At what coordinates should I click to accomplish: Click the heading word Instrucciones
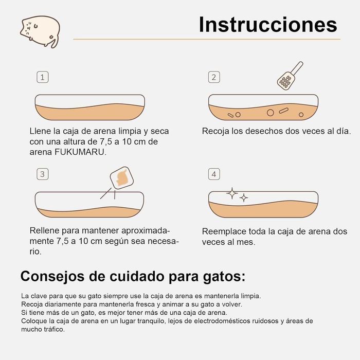(268, 24)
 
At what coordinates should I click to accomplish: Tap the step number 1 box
(43, 77)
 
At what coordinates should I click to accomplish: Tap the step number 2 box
(214, 77)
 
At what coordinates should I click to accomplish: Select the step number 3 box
(43, 174)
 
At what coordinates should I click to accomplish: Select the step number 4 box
(214, 174)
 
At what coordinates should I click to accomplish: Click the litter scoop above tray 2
(289, 76)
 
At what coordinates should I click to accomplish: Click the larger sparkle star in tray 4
(232, 193)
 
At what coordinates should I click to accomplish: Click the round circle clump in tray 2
(270, 112)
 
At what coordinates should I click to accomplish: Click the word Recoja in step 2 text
(215, 131)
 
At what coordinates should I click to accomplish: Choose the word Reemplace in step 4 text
(224, 231)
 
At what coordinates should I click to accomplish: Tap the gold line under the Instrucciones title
(206, 39)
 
